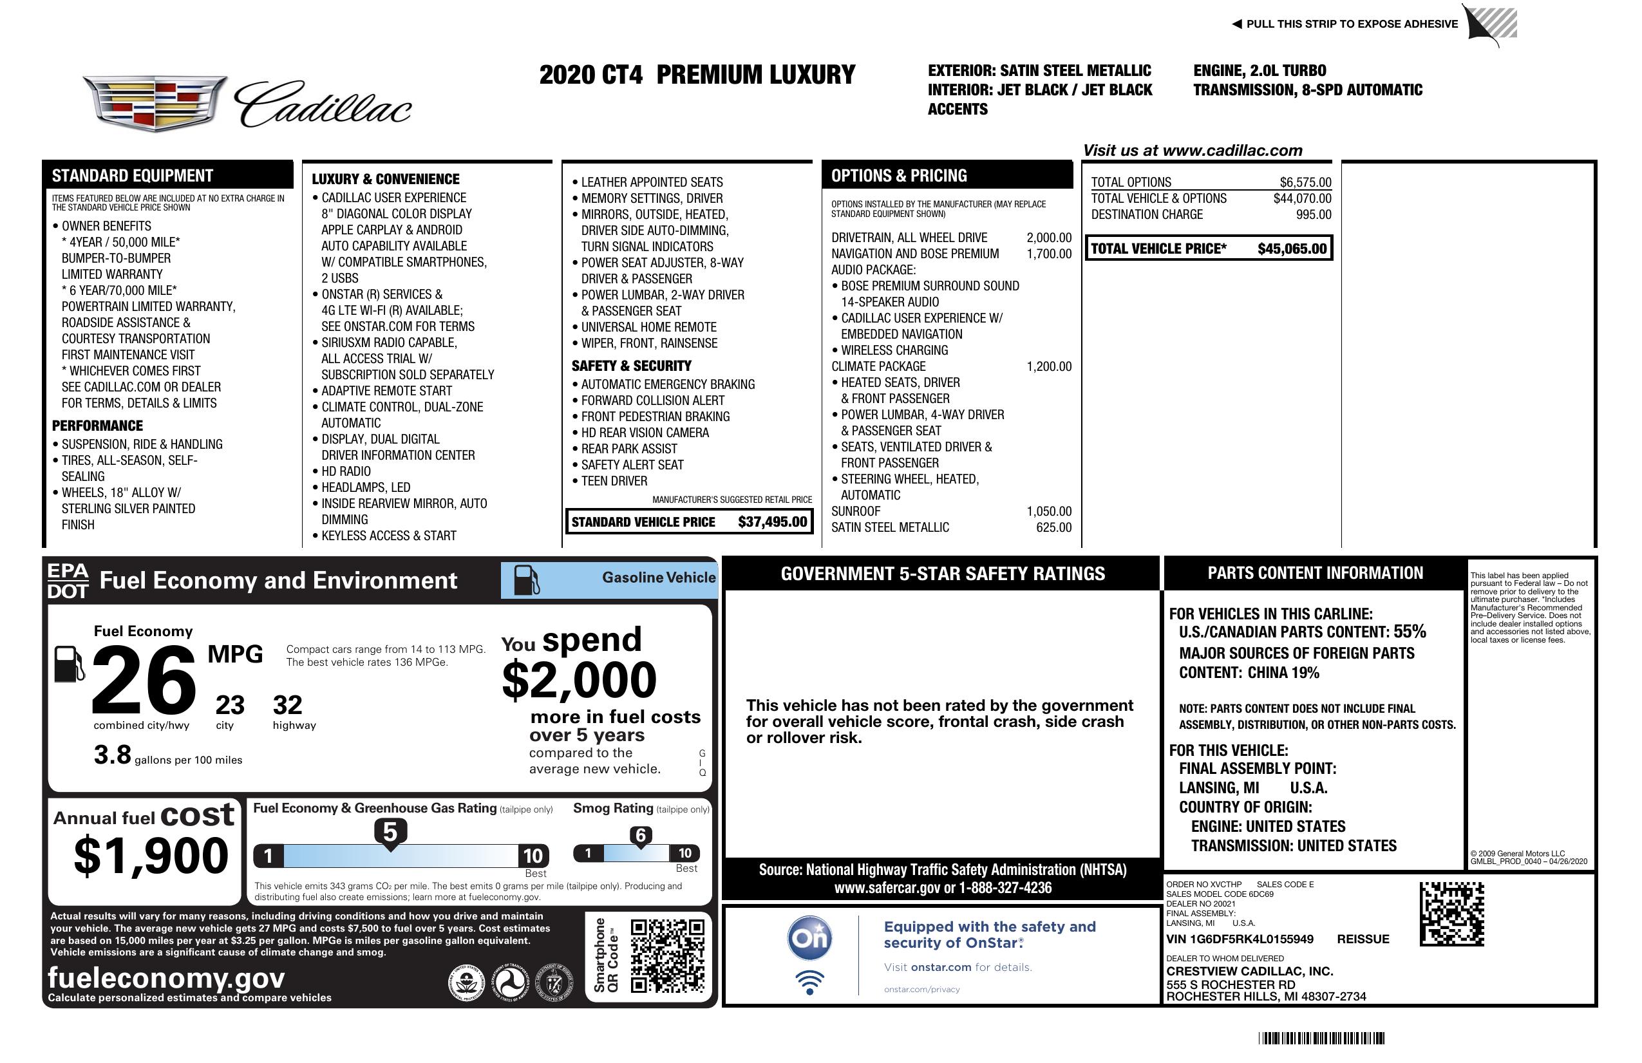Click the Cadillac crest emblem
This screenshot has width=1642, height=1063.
[x=155, y=103]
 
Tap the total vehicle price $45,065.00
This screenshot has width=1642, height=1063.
[x=1292, y=249]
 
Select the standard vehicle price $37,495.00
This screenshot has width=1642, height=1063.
[x=772, y=522]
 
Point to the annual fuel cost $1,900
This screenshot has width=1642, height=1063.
[x=151, y=856]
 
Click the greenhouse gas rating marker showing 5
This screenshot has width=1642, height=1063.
[x=390, y=833]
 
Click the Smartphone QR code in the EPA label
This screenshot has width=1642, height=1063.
[x=667, y=955]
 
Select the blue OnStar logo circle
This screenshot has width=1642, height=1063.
[x=809, y=938]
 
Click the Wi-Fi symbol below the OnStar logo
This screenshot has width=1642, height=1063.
[x=809, y=982]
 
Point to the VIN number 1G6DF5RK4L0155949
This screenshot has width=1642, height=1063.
[x=1240, y=939]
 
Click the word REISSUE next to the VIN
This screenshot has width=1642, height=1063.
[x=1363, y=939]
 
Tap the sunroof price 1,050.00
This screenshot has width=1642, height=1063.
[x=1049, y=511]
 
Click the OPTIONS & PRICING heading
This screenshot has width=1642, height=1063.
[x=898, y=176]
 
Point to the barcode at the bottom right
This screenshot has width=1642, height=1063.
[x=1321, y=1038]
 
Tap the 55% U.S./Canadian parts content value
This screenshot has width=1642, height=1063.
[x=1409, y=632]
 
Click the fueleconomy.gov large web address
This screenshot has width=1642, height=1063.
[x=166, y=978]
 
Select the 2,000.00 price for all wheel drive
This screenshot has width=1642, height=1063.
[x=1049, y=238]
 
